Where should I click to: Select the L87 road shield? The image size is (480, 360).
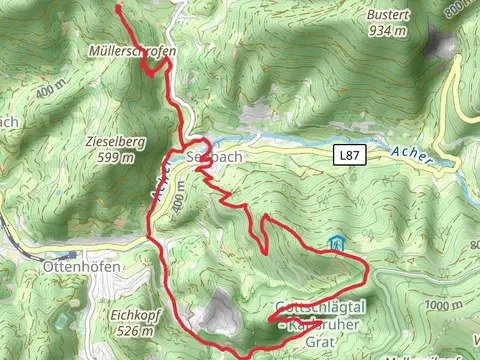347,156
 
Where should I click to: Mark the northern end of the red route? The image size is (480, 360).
119,8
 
